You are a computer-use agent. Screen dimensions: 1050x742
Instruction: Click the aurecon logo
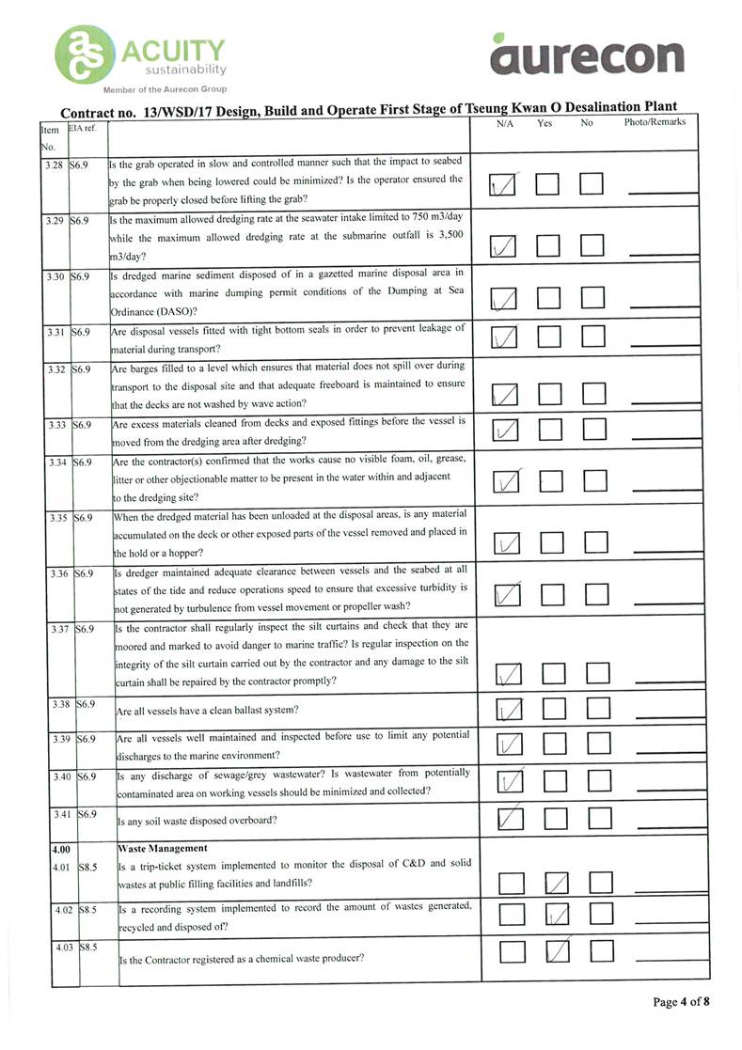pyautogui.click(x=587, y=55)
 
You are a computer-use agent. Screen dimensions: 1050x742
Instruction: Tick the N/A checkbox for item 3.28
pyautogui.click(x=504, y=184)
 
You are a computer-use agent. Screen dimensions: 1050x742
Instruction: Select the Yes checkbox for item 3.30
pyautogui.click(x=548, y=299)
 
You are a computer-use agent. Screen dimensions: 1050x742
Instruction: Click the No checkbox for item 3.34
pyautogui.click(x=594, y=482)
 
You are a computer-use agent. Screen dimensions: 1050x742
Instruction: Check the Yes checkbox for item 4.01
pyautogui.click(x=558, y=883)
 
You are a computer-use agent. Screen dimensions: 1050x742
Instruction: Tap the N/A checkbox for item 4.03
pyautogui.click(x=512, y=952)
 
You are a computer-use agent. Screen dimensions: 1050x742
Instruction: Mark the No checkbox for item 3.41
pyautogui.click(x=600, y=819)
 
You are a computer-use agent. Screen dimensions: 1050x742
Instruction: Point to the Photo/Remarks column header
pyautogui.click(x=655, y=122)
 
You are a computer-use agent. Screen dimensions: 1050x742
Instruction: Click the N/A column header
pyautogui.click(x=504, y=122)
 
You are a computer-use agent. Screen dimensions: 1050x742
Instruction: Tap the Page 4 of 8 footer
pyautogui.click(x=681, y=1002)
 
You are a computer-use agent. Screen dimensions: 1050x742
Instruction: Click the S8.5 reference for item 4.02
pyautogui.click(x=89, y=910)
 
